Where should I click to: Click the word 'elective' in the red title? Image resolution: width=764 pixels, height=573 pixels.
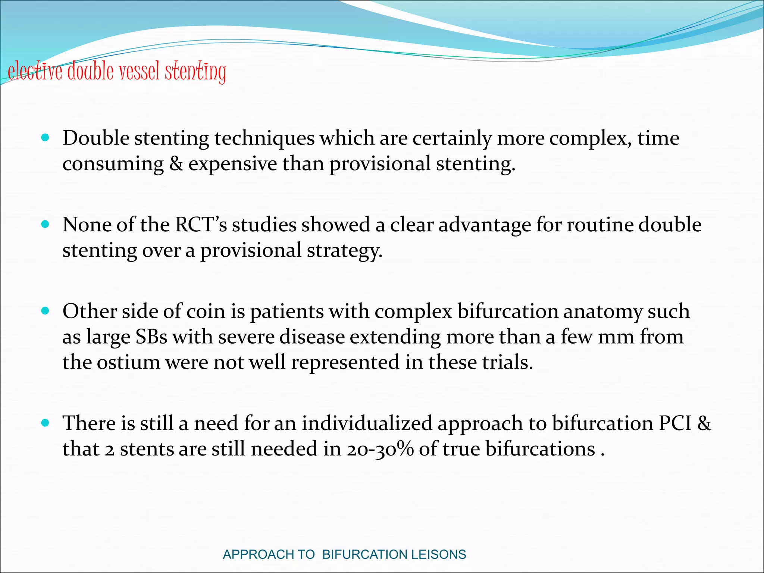click(35, 71)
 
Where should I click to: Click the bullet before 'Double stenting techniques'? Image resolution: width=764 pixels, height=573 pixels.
click(46, 138)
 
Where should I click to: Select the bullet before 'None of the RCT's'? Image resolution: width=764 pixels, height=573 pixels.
click(46, 224)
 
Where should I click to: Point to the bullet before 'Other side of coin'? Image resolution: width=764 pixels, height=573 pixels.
click(46, 311)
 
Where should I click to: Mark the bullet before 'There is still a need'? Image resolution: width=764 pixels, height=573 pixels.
click(46, 423)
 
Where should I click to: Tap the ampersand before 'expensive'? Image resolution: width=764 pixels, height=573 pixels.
click(176, 164)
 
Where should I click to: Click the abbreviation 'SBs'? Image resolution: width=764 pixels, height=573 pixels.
click(151, 337)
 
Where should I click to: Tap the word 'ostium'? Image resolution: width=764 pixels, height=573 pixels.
click(128, 362)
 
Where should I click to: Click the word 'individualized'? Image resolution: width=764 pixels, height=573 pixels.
click(367, 423)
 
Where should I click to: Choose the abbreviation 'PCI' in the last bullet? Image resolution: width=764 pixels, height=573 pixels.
click(675, 423)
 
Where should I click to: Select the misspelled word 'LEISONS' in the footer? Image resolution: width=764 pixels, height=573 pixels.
click(439, 554)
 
